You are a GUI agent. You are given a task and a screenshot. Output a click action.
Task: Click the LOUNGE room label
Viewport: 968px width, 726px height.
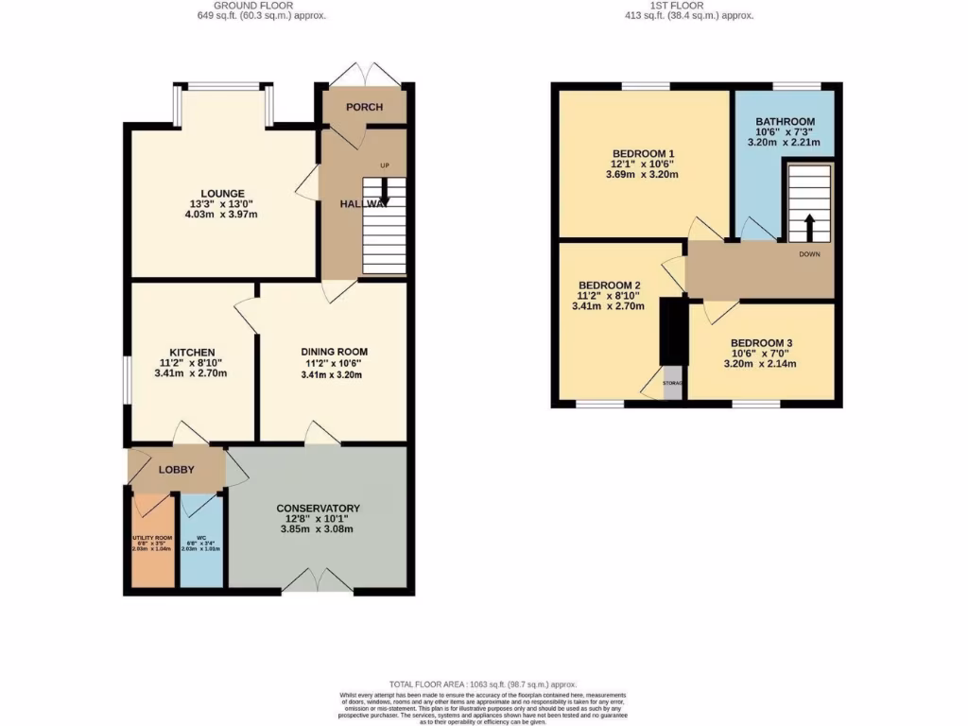pos(222,194)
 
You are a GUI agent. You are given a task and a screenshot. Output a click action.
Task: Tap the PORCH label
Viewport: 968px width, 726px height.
pos(364,107)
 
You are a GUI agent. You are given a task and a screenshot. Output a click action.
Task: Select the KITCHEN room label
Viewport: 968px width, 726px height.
pos(192,353)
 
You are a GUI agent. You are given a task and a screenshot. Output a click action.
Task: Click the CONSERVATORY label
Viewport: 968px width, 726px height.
pos(319,508)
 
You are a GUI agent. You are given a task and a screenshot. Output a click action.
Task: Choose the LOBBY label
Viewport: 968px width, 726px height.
pos(176,470)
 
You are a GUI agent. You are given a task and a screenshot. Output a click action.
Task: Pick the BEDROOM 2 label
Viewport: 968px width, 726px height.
pos(610,285)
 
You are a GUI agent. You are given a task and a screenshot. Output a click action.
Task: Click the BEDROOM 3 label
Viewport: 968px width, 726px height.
pos(762,342)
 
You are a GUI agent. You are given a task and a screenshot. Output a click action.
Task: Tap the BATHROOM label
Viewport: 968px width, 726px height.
pos(785,122)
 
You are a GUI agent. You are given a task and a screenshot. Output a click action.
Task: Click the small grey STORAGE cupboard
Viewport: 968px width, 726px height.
pos(672,384)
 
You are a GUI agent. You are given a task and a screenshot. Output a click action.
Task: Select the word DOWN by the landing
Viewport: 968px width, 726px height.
pos(810,254)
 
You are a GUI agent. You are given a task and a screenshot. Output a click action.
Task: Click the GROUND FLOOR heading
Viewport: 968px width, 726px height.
pos(263,6)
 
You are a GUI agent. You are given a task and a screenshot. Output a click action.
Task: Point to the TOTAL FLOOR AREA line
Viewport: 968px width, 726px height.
pos(483,684)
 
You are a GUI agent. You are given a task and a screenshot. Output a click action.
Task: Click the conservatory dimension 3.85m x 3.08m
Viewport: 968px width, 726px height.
pos(319,529)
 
